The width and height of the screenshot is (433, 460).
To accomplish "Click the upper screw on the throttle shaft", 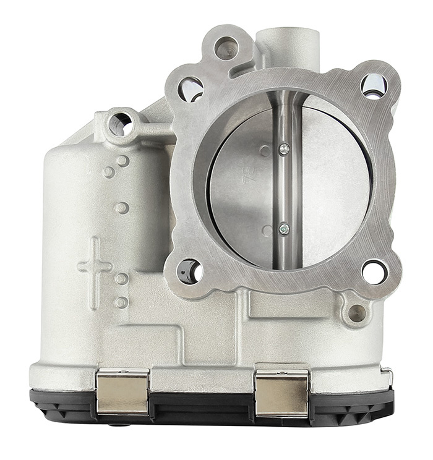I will pyautogui.click(x=283, y=148).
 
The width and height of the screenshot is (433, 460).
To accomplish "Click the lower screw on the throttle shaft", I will pyautogui.click(x=284, y=229).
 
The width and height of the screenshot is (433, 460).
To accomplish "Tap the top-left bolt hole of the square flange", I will pyautogui.click(x=191, y=89).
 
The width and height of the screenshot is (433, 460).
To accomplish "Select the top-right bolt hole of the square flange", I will pyautogui.click(x=374, y=85).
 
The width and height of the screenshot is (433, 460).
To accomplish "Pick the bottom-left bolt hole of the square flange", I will pyautogui.click(x=189, y=271).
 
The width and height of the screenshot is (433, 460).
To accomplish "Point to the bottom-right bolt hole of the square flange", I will pyautogui.click(x=374, y=271).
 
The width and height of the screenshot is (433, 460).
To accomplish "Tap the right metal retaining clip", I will pyautogui.click(x=281, y=391).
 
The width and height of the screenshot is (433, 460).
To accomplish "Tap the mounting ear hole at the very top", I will pyautogui.click(x=226, y=48).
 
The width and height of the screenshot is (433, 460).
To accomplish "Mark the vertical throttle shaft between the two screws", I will pyautogui.click(x=285, y=189).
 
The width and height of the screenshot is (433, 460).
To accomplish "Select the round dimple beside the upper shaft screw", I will pyautogui.click(x=265, y=150).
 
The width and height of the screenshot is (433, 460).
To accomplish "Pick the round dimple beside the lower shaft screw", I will pyautogui.click(x=267, y=231).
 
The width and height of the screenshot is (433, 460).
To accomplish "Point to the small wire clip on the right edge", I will pyautogui.click(x=388, y=375).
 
